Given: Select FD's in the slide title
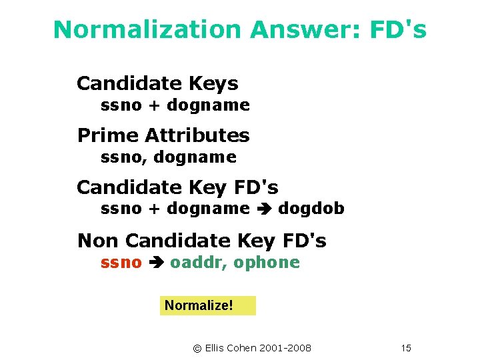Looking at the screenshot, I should tap(401, 30).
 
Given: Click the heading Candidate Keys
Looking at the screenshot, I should tap(157, 84).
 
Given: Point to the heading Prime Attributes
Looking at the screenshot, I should tap(163, 135).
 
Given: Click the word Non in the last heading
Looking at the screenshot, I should tap(98, 240).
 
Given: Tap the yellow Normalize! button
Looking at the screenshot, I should tap(207, 305).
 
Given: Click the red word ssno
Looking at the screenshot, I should tap(121, 263).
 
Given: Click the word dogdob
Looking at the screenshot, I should tap(311, 209).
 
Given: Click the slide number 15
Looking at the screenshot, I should tap(407, 348).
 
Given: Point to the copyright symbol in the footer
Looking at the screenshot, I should tap(197, 348).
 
